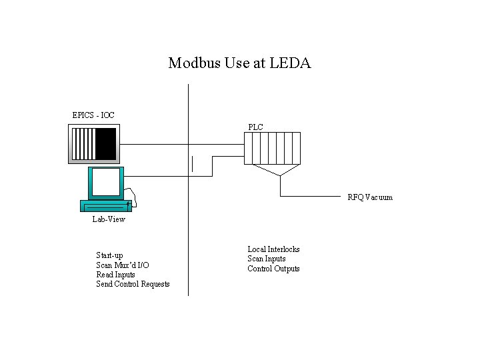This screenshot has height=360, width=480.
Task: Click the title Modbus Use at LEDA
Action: (239, 63)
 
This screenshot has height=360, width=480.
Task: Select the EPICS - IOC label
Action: (93, 115)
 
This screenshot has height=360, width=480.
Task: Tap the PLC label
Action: (255, 127)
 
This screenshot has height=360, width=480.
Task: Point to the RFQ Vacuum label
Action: (370, 197)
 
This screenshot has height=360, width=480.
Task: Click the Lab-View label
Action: (109, 219)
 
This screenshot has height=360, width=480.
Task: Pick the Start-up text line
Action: (109, 255)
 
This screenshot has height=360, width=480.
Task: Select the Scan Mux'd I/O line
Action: (123, 265)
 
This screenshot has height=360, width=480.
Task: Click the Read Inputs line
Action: (115, 275)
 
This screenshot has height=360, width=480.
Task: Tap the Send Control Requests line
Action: (133, 284)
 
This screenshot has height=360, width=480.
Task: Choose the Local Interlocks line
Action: (273, 249)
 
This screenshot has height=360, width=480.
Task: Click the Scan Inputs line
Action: (267, 259)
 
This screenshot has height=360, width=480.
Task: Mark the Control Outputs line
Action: (273, 269)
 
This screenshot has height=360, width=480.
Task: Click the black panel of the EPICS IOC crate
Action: (105, 144)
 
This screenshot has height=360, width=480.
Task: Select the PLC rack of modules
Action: (272, 147)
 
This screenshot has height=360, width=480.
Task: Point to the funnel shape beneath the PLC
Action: (279, 169)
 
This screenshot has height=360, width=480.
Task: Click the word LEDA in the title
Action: (295, 63)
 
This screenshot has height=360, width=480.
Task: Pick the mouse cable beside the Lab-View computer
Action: (135, 196)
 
